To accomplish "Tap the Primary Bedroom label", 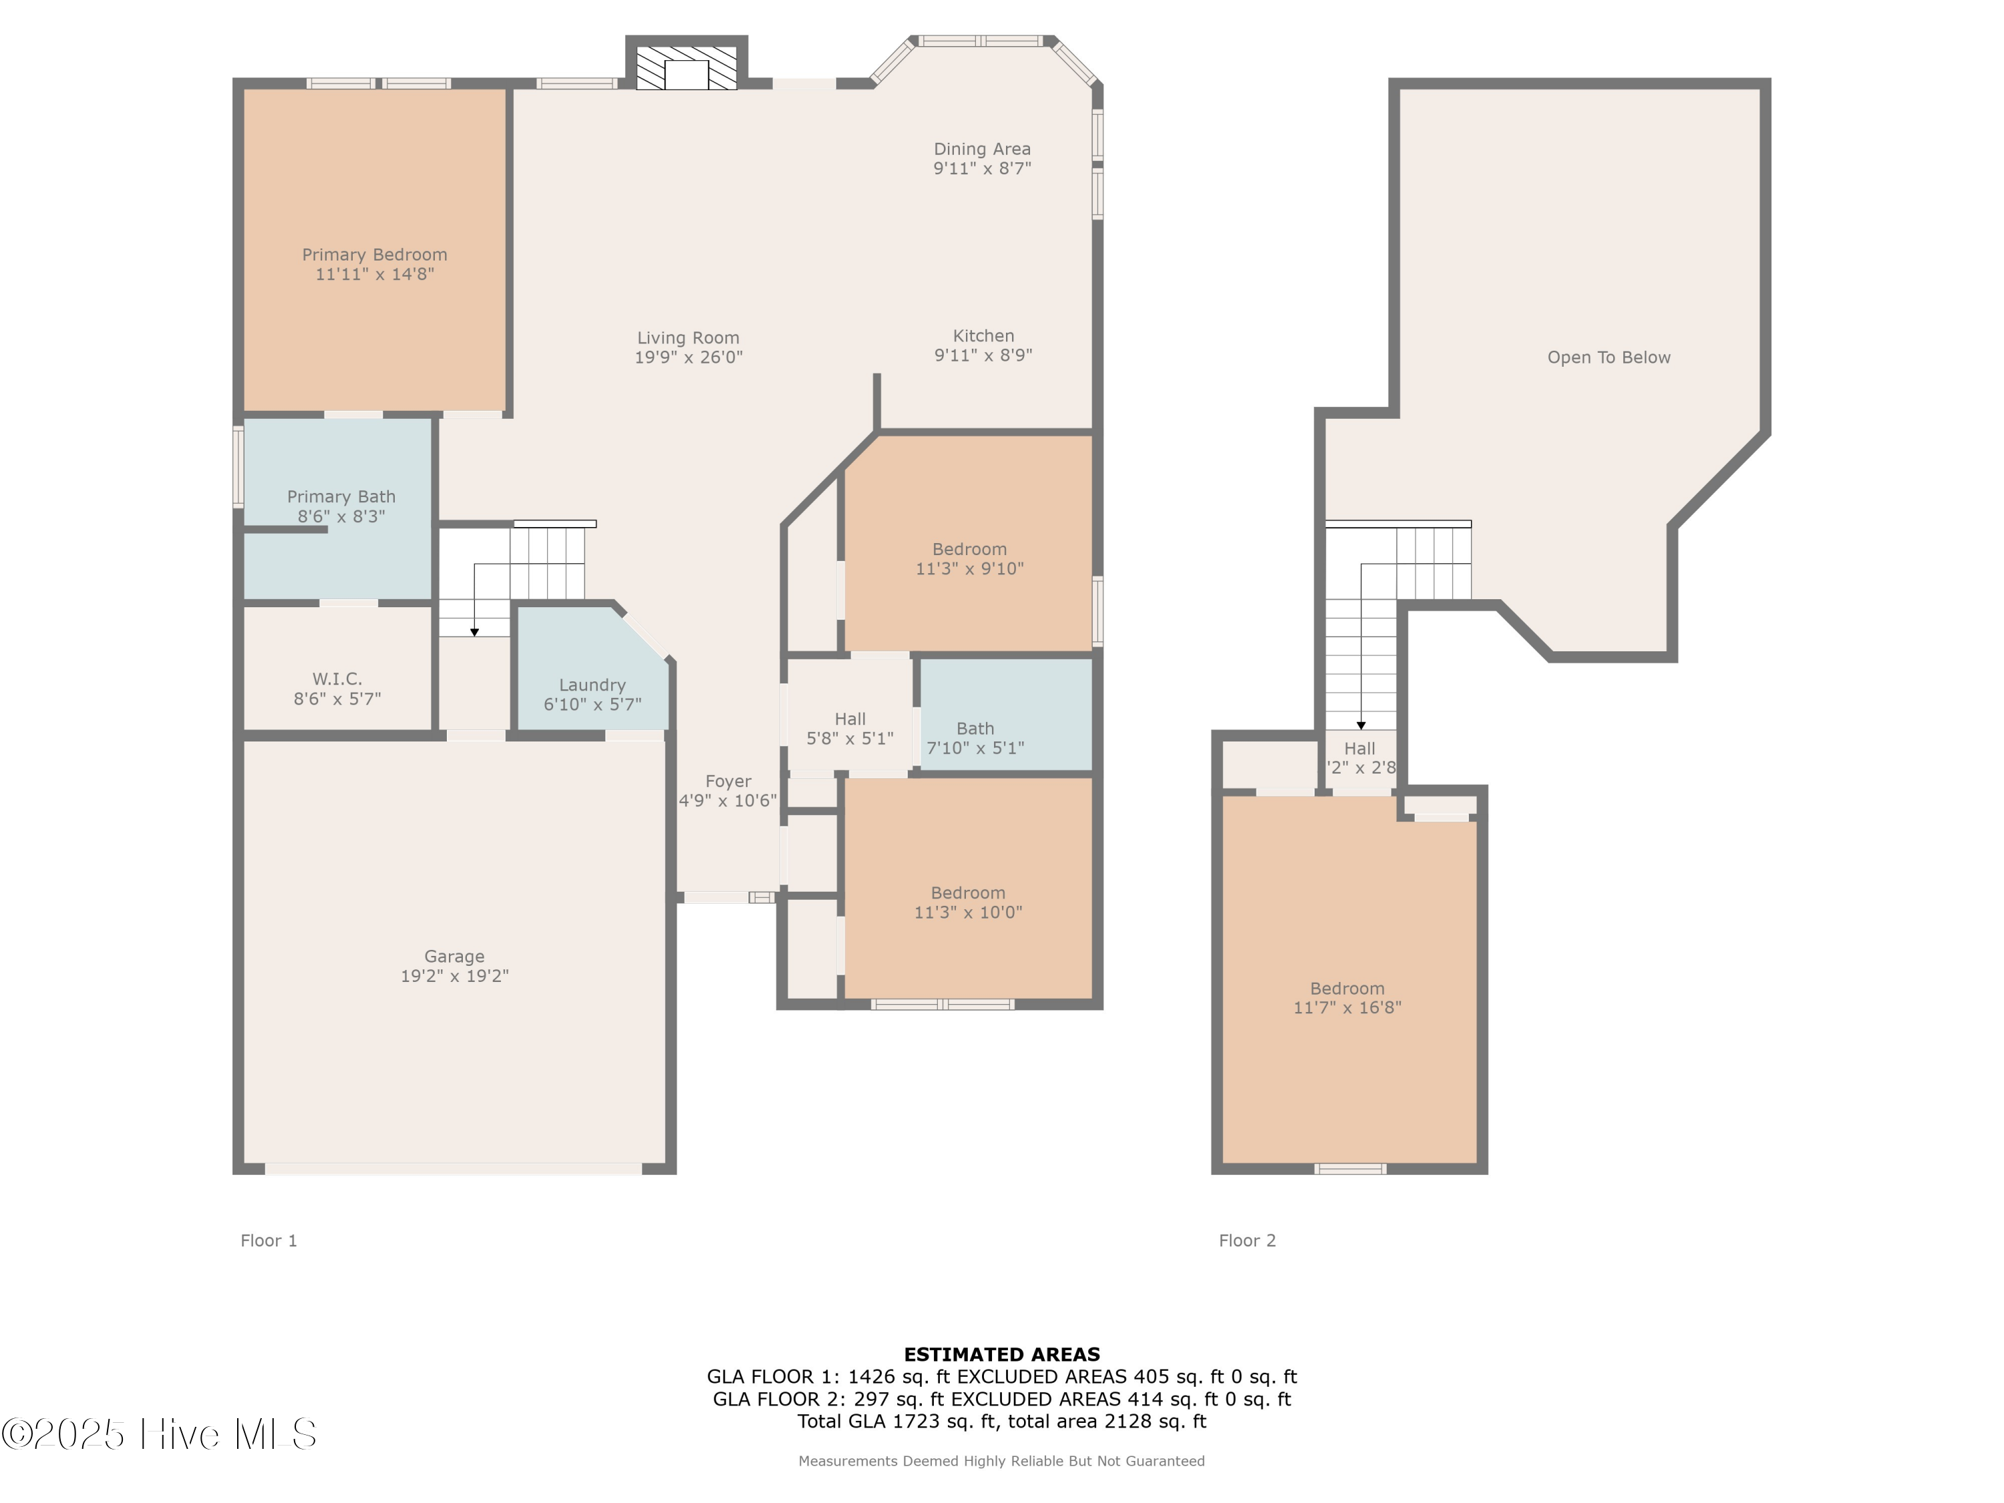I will coord(374,255).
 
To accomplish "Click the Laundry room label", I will coord(592,685).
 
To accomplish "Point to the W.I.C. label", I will coord(337,679).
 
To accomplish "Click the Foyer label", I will coord(727,781).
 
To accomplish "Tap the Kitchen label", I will coord(983,336).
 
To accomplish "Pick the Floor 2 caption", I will coord(1246,1240).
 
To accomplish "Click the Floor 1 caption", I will coord(268,1240).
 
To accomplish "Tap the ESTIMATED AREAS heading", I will coord(1001,1355).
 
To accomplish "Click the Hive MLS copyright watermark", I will coord(160,1434).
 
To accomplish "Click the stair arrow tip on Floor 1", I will coord(474,633).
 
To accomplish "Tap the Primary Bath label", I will coord(341,496).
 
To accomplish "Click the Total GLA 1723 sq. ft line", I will coord(1001,1422).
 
